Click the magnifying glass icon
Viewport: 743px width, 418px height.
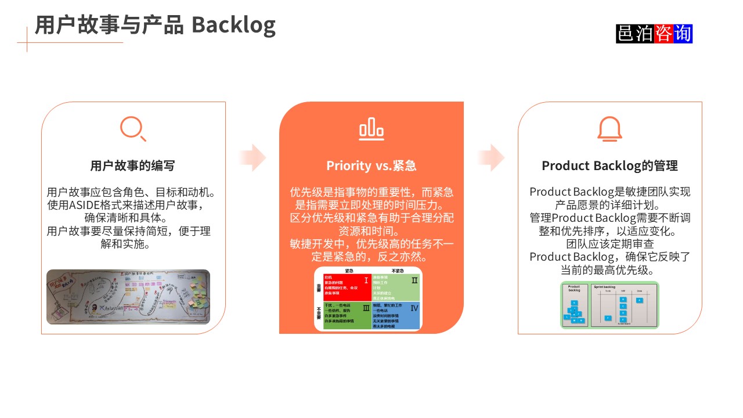pyautogui.click(x=133, y=128)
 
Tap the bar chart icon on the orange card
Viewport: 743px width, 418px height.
pyautogui.click(x=371, y=129)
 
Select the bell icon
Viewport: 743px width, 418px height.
pyautogui.click(x=609, y=128)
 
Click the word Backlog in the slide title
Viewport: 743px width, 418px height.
pyautogui.click(x=233, y=25)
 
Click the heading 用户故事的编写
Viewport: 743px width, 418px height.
pyautogui.click(x=132, y=165)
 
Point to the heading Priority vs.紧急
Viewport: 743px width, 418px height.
pyautogui.click(x=371, y=165)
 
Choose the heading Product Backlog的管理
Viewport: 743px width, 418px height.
pyautogui.click(x=609, y=165)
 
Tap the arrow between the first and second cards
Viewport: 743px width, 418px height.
pyautogui.click(x=253, y=157)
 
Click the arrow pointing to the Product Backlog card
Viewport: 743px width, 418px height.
pyautogui.click(x=491, y=157)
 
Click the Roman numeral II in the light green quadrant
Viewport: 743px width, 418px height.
pyautogui.click(x=414, y=280)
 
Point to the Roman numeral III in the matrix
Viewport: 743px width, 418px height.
pyautogui.click(x=366, y=308)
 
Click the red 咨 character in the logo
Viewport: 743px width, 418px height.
pyautogui.click(x=663, y=34)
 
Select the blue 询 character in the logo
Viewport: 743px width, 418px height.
pyautogui.click(x=683, y=34)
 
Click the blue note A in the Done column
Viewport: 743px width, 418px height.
pyautogui.click(x=639, y=300)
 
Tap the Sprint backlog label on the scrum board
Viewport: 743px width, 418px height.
pyautogui.click(x=604, y=287)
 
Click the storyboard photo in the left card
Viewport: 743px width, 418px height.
pyautogui.click(x=128, y=297)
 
